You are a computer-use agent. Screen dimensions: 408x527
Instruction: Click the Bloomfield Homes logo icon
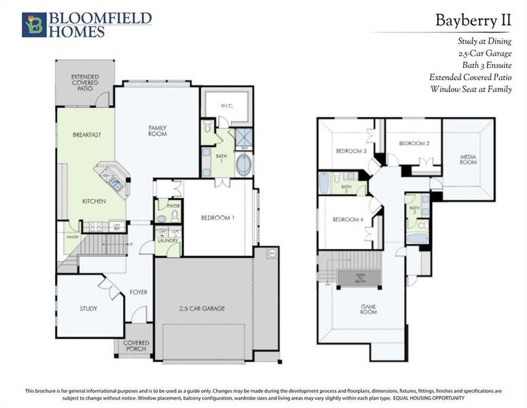click(x=34, y=24)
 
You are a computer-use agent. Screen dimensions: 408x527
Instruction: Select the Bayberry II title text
click(x=473, y=20)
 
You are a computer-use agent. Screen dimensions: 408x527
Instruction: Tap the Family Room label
click(x=158, y=131)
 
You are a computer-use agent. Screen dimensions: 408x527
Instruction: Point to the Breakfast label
click(x=86, y=135)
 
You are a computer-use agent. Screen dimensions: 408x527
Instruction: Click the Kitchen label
click(x=94, y=201)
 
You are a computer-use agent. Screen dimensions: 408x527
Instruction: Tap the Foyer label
click(x=139, y=292)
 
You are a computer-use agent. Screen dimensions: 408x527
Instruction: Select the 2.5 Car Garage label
click(x=202, y=308)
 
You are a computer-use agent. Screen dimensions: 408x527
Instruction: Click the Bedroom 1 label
click(x=217, y=218)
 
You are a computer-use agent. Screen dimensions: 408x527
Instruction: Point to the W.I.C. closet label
click(x=226, y=106)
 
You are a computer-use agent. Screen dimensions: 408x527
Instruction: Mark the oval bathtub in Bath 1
click(x=242, y=165)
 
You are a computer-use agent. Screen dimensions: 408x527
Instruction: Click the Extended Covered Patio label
click(x=85, y=82)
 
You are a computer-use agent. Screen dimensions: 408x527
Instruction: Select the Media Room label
click(x=468, y=160)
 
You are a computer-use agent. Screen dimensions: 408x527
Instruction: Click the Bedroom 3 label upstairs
click(x=350, y=151)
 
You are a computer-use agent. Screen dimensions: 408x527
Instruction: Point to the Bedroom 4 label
click(x=347, y=220)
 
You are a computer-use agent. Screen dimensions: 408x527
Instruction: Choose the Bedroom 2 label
click(x=414, y=143)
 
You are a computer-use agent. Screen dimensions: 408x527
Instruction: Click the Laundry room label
click(x=167, y=240)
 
